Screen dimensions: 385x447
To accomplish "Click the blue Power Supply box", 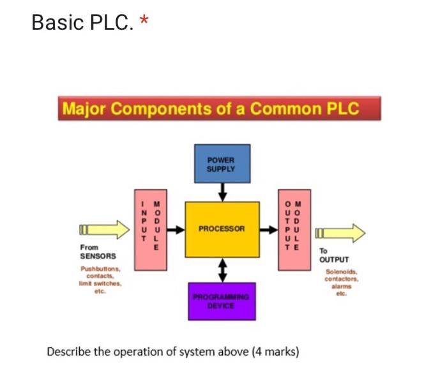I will click(222, 163).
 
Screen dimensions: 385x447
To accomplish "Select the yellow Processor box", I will click(222, 229).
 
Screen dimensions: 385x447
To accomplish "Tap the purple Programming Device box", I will click(222, 301).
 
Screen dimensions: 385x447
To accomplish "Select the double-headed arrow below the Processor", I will click(222, 269).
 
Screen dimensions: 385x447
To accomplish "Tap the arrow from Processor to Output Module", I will click(269, 229).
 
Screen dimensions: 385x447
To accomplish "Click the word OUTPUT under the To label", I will click(334, 260).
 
